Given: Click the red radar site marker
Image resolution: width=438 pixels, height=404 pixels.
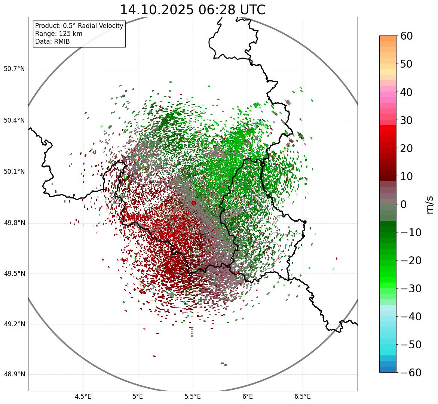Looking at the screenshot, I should click(193, 203).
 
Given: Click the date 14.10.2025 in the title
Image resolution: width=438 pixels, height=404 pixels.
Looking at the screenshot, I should click(156, 10).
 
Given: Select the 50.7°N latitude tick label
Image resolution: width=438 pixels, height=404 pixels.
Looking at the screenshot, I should click(14, 69).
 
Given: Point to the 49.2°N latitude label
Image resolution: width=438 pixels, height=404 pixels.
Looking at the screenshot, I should click(14, 324).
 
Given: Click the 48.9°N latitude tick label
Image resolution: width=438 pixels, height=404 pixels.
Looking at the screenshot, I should click(14, 374).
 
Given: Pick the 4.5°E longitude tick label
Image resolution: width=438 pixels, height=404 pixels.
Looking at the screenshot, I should click(83, 396).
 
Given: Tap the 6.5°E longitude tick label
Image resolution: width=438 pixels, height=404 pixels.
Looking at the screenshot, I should click(302, 396).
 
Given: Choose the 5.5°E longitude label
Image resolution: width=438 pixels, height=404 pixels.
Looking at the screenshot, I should click(193, 396).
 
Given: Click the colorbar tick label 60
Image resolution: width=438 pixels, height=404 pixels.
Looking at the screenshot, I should click(406, 36).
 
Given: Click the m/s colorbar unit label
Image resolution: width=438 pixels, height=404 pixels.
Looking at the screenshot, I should click(429, 204).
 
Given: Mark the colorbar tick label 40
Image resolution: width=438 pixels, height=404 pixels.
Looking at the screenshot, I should click(406, 92).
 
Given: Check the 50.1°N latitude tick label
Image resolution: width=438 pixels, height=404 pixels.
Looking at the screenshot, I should click(14, 172).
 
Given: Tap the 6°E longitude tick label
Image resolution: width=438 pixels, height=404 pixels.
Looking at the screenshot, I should click(248, 396).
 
